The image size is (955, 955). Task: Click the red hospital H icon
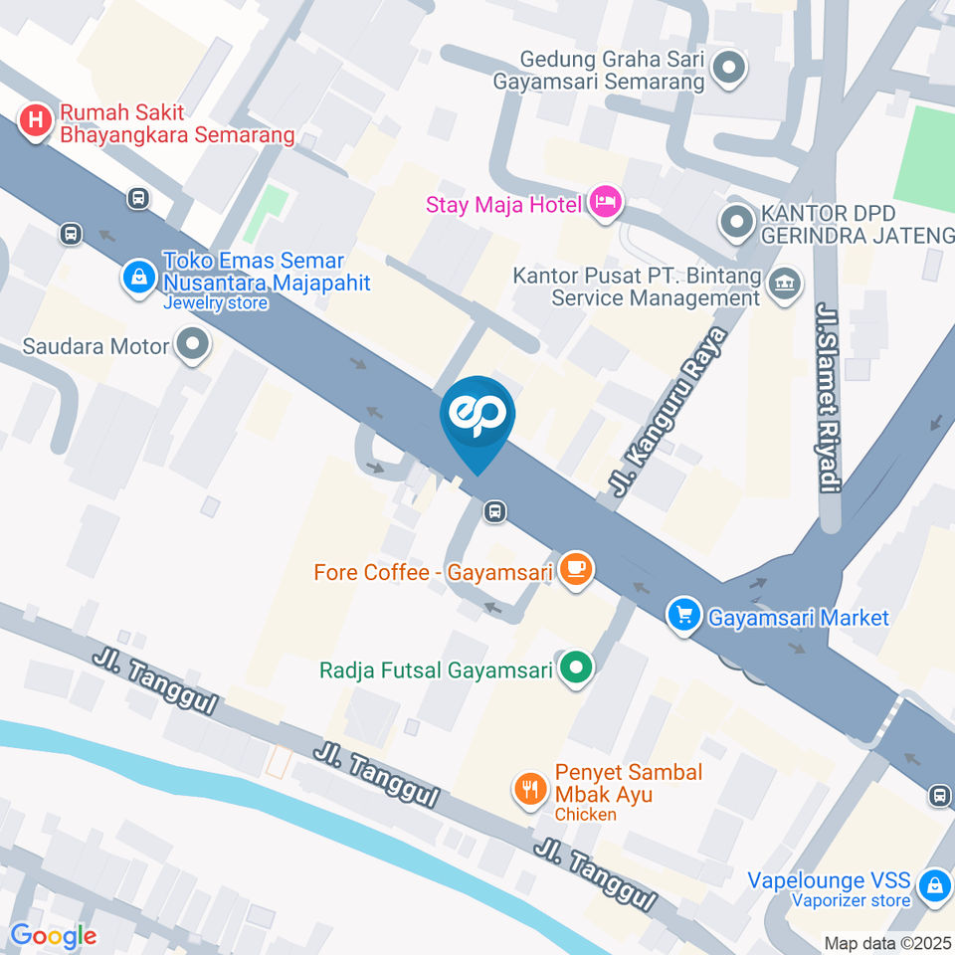[36, 122]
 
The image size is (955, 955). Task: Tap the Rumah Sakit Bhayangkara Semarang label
[177, 124]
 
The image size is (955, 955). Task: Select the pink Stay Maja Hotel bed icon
[604, 204]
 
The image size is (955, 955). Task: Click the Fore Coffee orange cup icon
[575, 570]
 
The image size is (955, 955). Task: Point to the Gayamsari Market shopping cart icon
[683, 617]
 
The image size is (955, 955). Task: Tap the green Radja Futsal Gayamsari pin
[574, 669]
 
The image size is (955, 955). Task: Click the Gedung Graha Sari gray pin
[731, 69]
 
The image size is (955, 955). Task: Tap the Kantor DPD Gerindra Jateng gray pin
[737, 224]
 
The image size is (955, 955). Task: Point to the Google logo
[53, 935]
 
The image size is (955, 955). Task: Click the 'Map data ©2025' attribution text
[888, 943]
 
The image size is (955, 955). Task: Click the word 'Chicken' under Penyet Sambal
[586, 815]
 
